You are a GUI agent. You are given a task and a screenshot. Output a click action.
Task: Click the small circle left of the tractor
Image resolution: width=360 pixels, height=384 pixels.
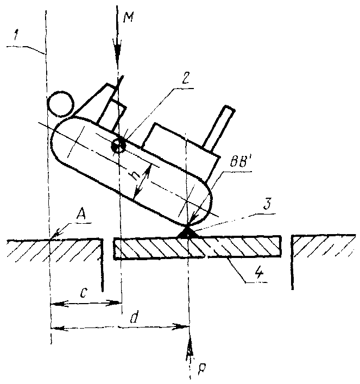[60, 103]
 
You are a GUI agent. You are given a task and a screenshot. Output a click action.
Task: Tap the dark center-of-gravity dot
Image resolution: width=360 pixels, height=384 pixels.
[118, 146]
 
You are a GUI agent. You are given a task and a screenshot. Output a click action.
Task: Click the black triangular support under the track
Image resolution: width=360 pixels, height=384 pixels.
[186, 232]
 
